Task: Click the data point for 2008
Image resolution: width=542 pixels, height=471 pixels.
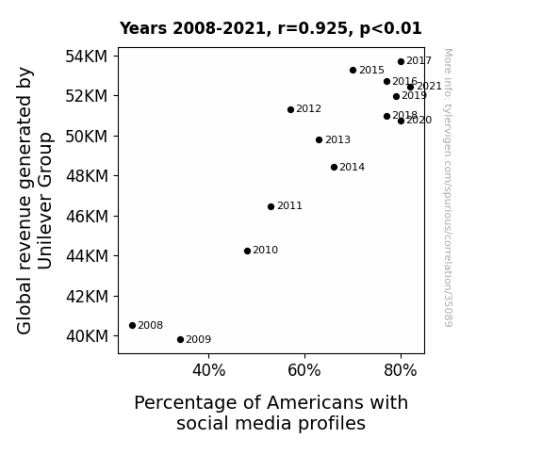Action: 132,326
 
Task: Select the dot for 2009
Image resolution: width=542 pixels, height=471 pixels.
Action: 180,340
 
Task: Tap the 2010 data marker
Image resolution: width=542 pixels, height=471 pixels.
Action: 248,251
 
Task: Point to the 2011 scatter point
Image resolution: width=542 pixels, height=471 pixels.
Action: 271,206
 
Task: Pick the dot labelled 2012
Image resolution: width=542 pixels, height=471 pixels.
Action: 290,109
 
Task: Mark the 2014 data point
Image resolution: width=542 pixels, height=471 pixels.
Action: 334,168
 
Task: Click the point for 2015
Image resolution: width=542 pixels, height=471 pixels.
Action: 353,70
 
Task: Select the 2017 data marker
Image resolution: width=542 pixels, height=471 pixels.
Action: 401,61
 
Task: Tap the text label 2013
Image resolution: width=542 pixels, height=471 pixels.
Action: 337,140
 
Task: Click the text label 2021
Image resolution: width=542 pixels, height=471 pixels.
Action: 429,86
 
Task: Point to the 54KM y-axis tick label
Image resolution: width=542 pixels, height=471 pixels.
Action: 87,57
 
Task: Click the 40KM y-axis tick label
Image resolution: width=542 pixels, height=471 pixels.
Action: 87,336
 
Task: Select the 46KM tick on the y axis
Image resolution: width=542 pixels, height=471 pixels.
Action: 87,217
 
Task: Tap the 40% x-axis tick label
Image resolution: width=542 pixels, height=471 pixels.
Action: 208,370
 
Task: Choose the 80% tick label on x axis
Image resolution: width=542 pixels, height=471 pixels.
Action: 401,370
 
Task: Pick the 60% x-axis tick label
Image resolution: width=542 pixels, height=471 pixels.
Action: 304,370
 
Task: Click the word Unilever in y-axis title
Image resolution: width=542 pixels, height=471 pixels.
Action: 44,227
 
